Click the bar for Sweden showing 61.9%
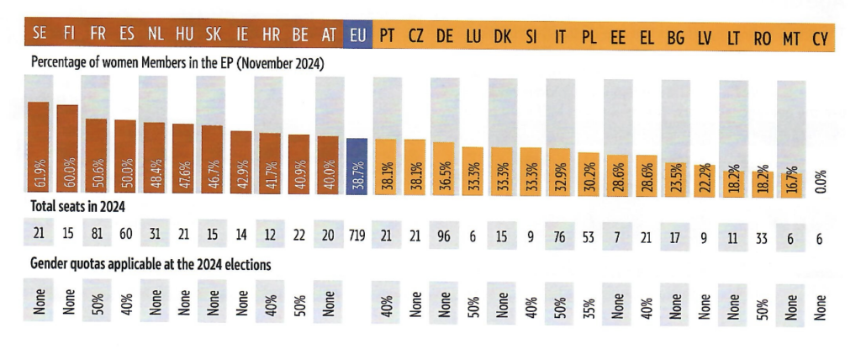39,148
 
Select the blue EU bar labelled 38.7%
357,167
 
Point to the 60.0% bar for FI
67,150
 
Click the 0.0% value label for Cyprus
821,180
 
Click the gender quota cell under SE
39,301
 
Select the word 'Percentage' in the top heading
60,63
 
